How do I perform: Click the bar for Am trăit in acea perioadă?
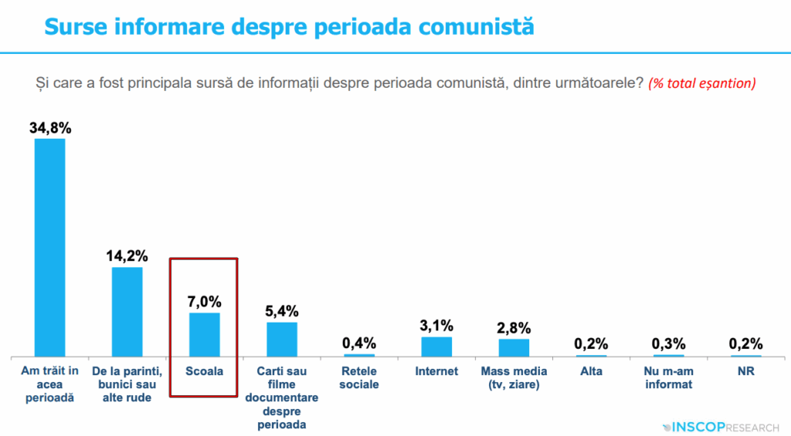[x=49, y=247]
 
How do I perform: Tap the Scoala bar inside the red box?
[x=205, y=334]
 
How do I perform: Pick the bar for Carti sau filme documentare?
[x=282, y=339]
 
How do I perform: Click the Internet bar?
[x=436, y=346]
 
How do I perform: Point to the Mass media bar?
[x=514, y=347]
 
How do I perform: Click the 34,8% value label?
[x=49, y=128]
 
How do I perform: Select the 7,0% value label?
[x=205, y=302]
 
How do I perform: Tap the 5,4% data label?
[x=282, y=312]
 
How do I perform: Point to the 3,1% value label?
[x=436, y=326]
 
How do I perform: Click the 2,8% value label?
[x=514, y=329]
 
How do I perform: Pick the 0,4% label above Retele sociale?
[x=359, y=343]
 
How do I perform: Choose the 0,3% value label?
[x=668, y=343]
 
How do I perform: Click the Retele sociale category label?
[x=359, y=377]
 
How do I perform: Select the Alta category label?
[x=591, y=371]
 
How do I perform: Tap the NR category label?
[x=745, y=371]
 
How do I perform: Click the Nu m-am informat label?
[x=668, y=377]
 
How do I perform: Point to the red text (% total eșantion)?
[x=702, y=83]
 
